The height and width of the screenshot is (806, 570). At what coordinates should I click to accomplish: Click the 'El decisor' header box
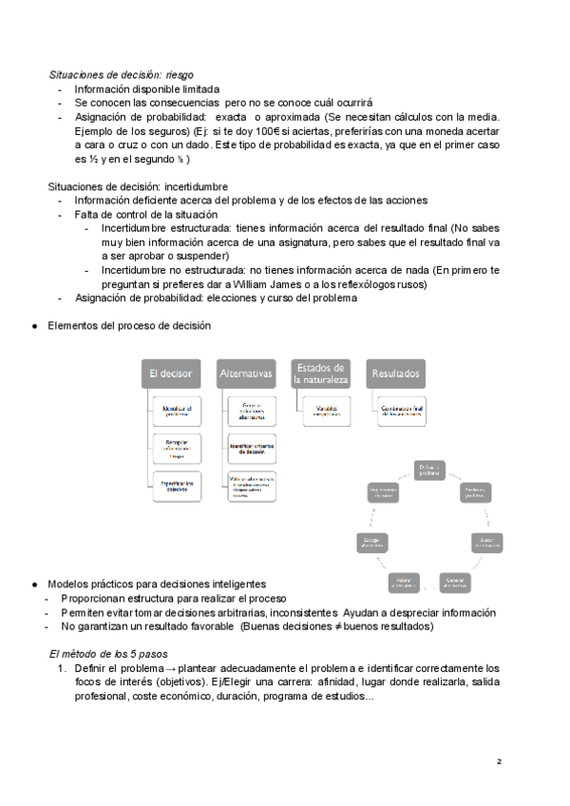pyautogui.click(x=171, y=374)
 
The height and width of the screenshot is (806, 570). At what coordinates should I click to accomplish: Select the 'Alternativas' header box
pyautogui.click(x=245, y=374)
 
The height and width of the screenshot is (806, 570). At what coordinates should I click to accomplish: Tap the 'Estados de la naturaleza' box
pyautogui.click(x=321, y=374)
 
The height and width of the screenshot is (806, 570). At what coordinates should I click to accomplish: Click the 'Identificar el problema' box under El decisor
pyautogui.click(x=177, y=413)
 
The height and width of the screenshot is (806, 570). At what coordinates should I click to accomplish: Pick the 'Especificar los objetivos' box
pyautogui.click(x=177, y=486)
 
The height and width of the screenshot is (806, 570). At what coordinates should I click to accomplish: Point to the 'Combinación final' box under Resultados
pyautogui.click(x=401, y=411)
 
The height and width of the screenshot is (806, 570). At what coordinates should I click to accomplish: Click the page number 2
pyautogui.click(x=499, y=762)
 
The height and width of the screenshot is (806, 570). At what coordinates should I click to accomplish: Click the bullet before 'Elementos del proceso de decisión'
pyautogui.click(x=34, y=326)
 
